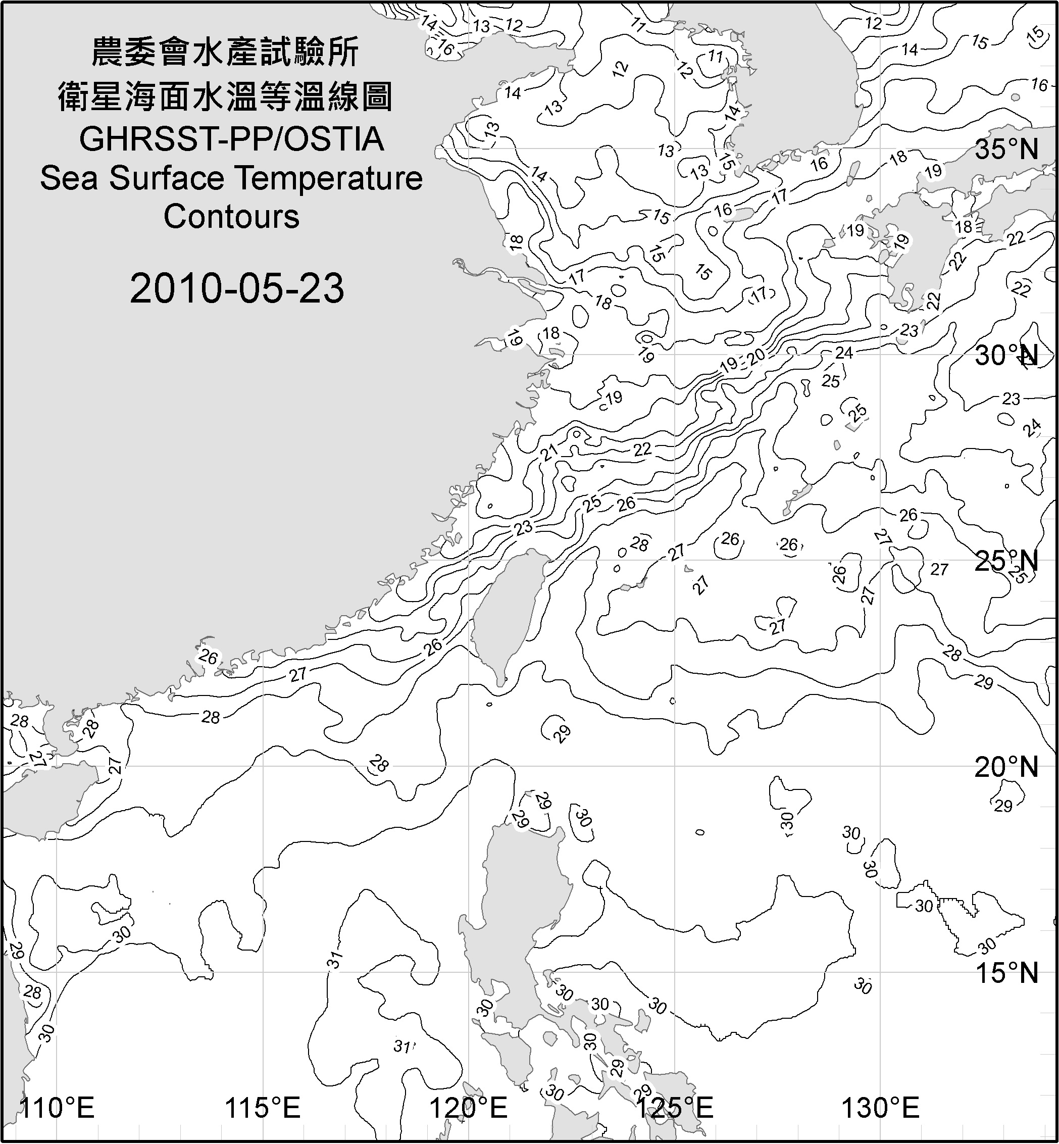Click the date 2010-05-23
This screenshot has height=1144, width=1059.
[237, 288]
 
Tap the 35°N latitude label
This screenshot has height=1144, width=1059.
[1006, 150]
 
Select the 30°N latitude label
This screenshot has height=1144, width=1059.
[1006, 356]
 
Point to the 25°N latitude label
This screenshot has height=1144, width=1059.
[1006, 562]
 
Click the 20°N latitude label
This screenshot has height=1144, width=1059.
[1006, 767]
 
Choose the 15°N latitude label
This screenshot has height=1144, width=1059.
[1006, 973]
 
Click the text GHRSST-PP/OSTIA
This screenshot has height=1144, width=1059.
[231, 139]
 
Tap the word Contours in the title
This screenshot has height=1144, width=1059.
[231, 217]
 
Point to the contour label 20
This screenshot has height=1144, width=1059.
[757, 357]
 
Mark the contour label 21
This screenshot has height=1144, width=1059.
[549, 453]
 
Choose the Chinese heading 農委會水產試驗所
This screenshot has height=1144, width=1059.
[225, 53]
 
